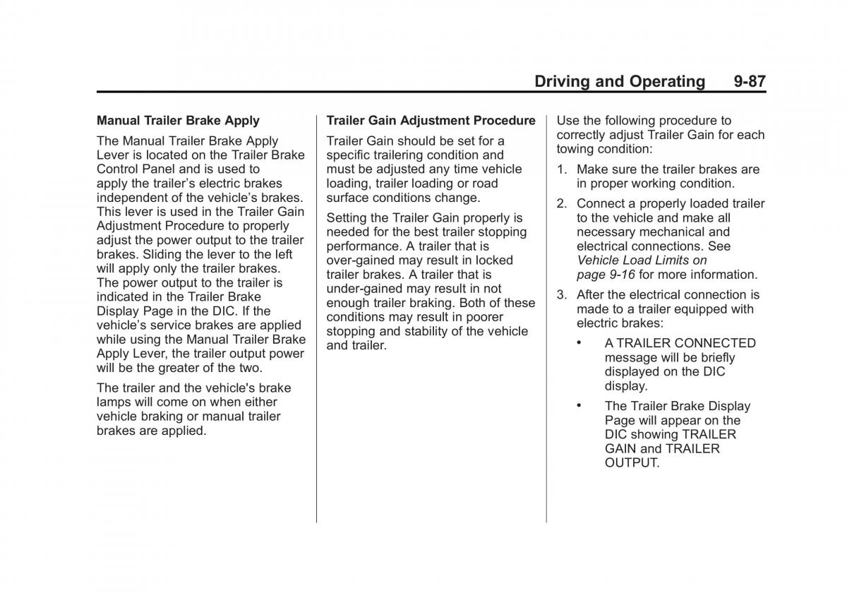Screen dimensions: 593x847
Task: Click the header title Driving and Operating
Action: click(x=619, y=81)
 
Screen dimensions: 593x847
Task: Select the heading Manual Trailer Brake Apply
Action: click(x=178, y=121)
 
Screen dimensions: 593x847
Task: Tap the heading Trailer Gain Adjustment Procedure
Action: click(x=431, y=121)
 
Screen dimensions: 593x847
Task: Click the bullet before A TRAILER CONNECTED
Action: click(x=579, y=343)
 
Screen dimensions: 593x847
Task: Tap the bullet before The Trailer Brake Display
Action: click(x=579, y=406)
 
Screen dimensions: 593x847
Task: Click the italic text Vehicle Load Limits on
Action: click(x=641, y=260)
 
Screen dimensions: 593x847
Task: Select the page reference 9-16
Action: click(x=622, y=275)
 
